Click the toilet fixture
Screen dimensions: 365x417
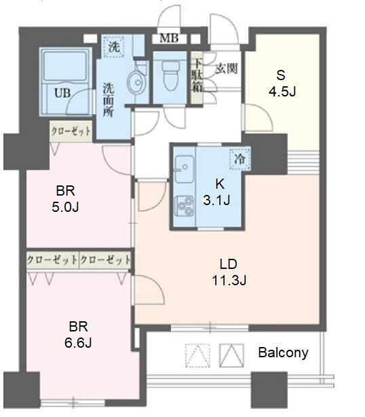click(170, 76)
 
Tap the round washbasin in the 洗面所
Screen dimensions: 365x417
click(137, 82)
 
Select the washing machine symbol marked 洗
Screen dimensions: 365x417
click(114, 47)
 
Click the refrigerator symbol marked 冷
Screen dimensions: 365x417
click(239, 159)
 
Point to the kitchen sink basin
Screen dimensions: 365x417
click(185, 169)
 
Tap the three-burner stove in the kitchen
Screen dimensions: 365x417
click(185, 206)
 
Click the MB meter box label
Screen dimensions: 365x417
click(169, 39)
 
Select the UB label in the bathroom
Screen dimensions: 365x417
click(62, 93)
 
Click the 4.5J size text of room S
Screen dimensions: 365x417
click(282, 92)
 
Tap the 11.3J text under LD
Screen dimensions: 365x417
click(229, 280)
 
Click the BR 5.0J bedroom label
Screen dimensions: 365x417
click(65, 199)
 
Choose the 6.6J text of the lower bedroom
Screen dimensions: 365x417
click(78, 343)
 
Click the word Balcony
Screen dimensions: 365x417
click(283, 353)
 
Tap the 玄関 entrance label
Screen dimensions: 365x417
click(227, 69)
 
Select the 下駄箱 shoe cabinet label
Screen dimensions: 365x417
click(197, 75)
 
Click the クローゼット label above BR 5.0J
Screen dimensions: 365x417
click(71, 131)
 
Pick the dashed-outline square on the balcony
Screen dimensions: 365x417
click(197, 355)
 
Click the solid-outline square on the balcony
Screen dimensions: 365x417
click(231, 355)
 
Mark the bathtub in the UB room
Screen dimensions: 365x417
click(65, 66)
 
